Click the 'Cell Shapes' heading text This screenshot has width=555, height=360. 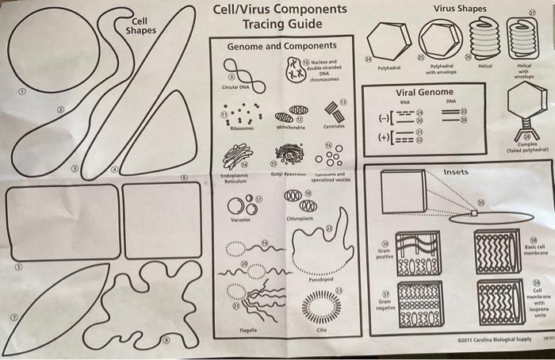point(141,25)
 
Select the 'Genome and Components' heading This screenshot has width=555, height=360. point(281,47)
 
